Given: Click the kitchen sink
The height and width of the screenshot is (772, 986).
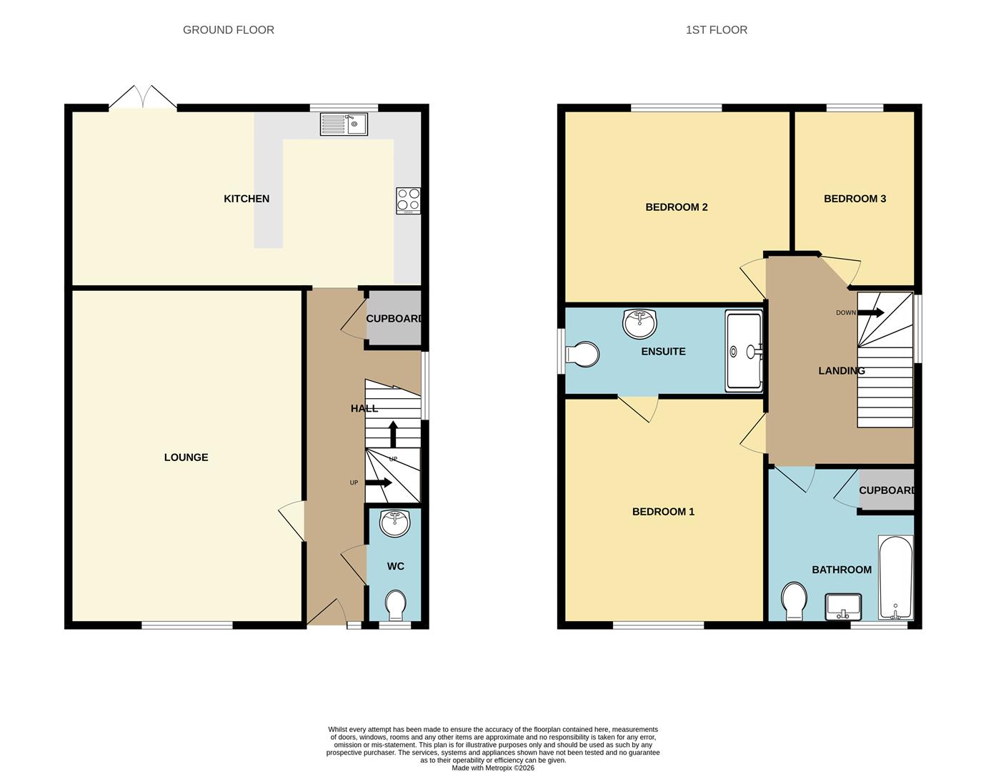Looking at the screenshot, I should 344,124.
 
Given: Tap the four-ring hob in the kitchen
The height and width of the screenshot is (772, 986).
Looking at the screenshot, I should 409,201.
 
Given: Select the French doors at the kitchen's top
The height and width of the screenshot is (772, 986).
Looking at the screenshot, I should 143,99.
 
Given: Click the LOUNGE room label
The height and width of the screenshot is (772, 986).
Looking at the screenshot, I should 186,457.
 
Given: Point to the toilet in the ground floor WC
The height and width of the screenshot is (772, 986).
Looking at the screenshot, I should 394,605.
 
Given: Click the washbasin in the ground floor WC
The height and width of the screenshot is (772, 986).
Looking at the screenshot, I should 394,523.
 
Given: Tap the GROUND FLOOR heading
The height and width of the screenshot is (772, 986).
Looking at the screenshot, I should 229,30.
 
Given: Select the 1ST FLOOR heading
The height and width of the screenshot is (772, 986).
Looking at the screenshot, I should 716,30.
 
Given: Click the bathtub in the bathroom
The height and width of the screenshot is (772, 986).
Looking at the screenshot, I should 895,578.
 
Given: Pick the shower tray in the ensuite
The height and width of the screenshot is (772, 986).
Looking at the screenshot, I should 744,350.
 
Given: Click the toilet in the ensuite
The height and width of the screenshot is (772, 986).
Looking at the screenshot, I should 583,354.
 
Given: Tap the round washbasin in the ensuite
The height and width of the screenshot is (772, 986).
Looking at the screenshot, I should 639,323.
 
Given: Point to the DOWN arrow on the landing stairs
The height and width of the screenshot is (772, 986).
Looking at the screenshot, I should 871,313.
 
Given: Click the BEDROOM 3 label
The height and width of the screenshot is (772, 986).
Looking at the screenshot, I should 855,199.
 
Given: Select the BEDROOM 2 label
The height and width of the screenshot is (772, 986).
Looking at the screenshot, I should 676,207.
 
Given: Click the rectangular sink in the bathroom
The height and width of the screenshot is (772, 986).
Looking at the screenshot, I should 844,608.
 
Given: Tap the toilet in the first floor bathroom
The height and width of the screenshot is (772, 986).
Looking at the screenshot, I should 794,600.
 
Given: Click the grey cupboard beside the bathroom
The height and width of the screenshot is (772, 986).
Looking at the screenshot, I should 887,490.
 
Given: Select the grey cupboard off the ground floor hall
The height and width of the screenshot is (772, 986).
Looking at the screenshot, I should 394,319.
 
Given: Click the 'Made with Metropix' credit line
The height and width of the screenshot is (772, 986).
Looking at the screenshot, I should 493,768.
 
